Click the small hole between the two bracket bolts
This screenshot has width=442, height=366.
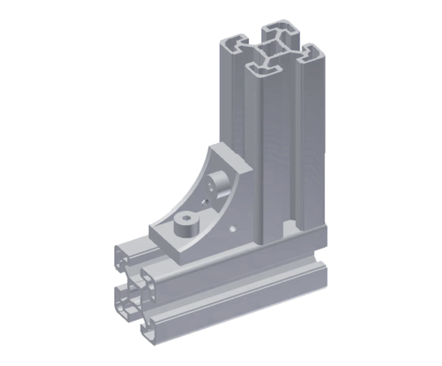(x=204, y=203)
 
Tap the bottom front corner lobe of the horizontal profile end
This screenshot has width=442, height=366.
(x=148, y=330)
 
